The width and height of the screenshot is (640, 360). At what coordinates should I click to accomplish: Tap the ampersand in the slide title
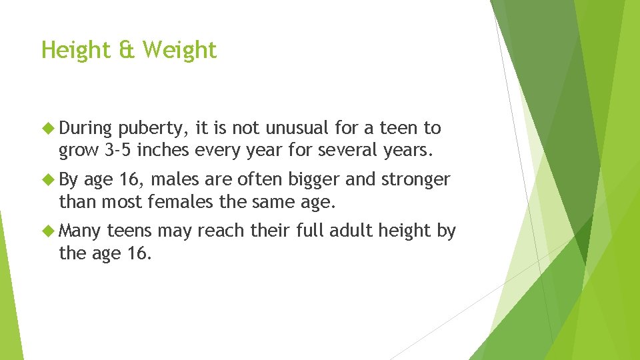(x=127, y=50)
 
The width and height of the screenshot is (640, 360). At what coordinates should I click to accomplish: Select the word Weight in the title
(x=179, y=50)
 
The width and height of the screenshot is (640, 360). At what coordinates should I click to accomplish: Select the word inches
(x=165, y=151)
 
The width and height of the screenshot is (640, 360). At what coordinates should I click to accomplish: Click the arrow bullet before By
(x=49, y=179)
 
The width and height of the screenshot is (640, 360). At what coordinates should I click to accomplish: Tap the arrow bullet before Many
(x=49, y=231)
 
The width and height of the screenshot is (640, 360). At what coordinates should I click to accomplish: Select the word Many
(x=80, y=232)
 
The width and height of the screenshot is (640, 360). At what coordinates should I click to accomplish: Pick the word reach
(x=222, y=231)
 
